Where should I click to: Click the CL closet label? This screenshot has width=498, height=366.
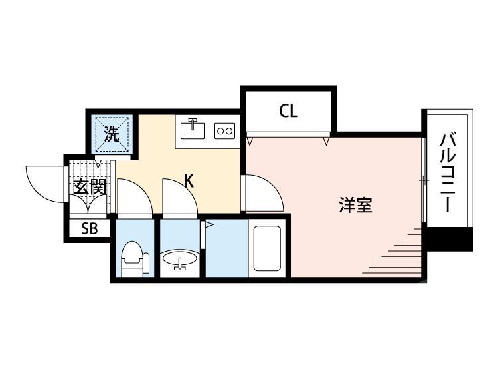click(288, 111)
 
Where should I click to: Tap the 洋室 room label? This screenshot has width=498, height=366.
click(355, 206)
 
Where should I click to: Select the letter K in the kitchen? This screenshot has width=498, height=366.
click(189, 180)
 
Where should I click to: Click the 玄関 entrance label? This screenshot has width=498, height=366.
click(89, 187)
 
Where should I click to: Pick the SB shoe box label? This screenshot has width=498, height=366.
click(89, 229)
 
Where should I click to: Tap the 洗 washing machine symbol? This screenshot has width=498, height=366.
click(112, 135)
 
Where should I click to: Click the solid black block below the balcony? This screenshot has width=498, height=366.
click(450, 239)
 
